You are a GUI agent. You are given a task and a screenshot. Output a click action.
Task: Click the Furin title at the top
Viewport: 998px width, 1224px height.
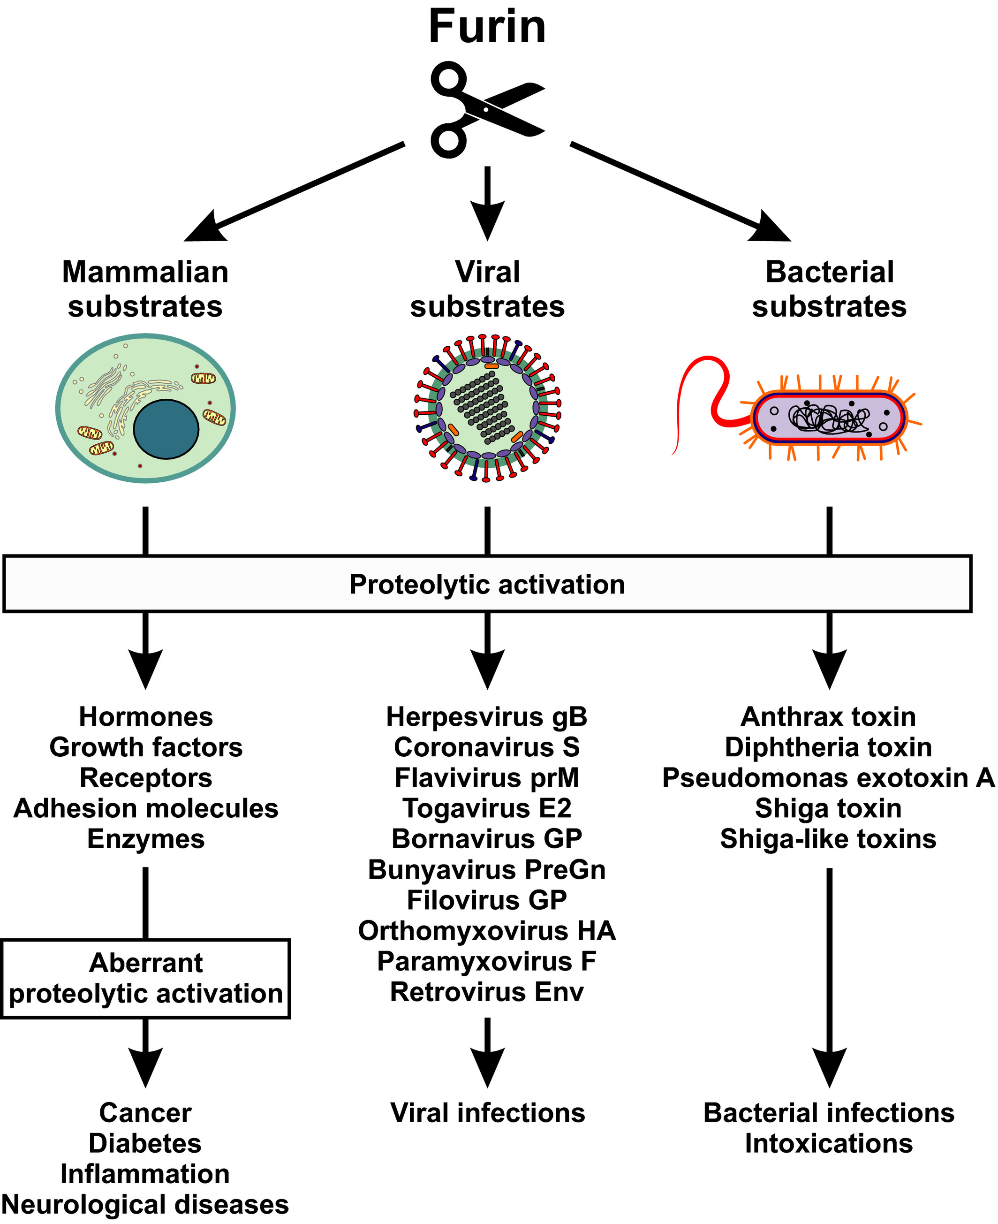click(x=487, y=27)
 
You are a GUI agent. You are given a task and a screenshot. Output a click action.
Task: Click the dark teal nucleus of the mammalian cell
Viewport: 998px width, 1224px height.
click(x=166, y=429)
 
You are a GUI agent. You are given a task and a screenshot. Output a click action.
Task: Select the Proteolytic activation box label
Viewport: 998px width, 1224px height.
click(x=487, y=585)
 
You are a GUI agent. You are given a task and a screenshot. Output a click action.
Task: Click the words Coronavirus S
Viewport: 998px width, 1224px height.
click(x=487, y=747)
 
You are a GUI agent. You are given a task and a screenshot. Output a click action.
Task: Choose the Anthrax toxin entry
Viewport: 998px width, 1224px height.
click(x=828, y=717)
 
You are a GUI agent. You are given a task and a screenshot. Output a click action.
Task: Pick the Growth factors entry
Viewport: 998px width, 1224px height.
click(x=146, y=747)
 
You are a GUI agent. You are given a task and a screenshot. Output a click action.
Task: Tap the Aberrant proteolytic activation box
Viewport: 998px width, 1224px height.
click(x=146, y=979)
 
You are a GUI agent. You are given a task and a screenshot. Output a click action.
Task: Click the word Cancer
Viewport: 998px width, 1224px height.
click(x=145, y=1113)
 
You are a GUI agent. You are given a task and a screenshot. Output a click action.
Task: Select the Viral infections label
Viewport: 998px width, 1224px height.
click(x=487, y=1113)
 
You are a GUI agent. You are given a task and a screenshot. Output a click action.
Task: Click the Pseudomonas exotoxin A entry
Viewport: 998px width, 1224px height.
click(x=828, y=778)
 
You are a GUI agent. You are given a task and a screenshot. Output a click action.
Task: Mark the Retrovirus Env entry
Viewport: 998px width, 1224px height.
click(x=487, y=992)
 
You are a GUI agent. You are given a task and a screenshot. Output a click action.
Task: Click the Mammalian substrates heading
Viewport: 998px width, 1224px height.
click(x=145, y=289)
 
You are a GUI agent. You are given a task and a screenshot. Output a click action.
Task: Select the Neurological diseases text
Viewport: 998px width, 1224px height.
click(x=145, y=1204)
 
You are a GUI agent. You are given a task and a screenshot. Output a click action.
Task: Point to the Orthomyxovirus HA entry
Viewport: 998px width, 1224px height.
click(x=487, y=931)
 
